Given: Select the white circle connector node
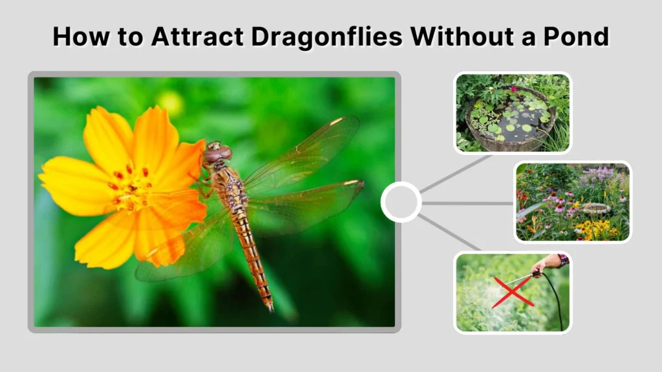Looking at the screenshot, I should pos(401,202).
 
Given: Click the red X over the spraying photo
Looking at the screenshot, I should pos(513,292).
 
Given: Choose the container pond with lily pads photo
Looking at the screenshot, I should pos(512,114).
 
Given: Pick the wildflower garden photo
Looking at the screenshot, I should pos(572,202).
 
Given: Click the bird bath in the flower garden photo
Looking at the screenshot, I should pos(596,208).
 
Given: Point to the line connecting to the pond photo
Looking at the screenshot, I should pos(453,174).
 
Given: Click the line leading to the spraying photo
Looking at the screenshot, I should pos(450,233).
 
